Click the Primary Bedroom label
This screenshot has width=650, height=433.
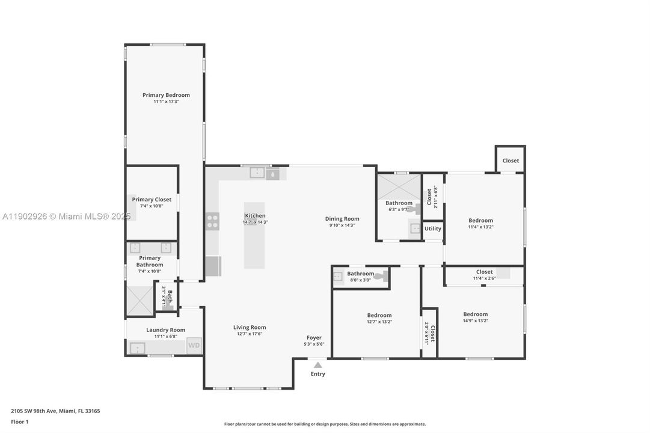coord(166,95)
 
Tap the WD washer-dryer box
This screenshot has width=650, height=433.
coord(194,345)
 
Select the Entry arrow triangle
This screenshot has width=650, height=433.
coord(317,364)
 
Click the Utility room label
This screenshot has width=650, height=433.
coord(432,229)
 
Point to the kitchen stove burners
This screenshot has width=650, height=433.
coord(212,221)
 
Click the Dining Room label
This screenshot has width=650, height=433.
coord(342,219)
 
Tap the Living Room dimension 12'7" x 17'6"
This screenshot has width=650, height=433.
coord(250,334)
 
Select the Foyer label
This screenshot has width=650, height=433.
coord(314,337)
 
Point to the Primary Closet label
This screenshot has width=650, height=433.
coord(152,200)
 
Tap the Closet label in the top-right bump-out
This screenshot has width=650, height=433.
coord(510,161)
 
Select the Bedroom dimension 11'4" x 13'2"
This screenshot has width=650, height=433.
coord(480,227)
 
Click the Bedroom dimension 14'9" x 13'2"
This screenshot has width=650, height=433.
coord(475,321)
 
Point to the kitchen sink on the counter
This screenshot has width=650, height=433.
coord(257,173)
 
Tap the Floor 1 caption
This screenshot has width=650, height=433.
coord(19,422)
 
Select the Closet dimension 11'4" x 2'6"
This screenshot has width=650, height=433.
coord(484,278)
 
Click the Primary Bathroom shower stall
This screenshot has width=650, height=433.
coord(140,301)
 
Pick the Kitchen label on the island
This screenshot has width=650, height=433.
coord(255,216)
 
